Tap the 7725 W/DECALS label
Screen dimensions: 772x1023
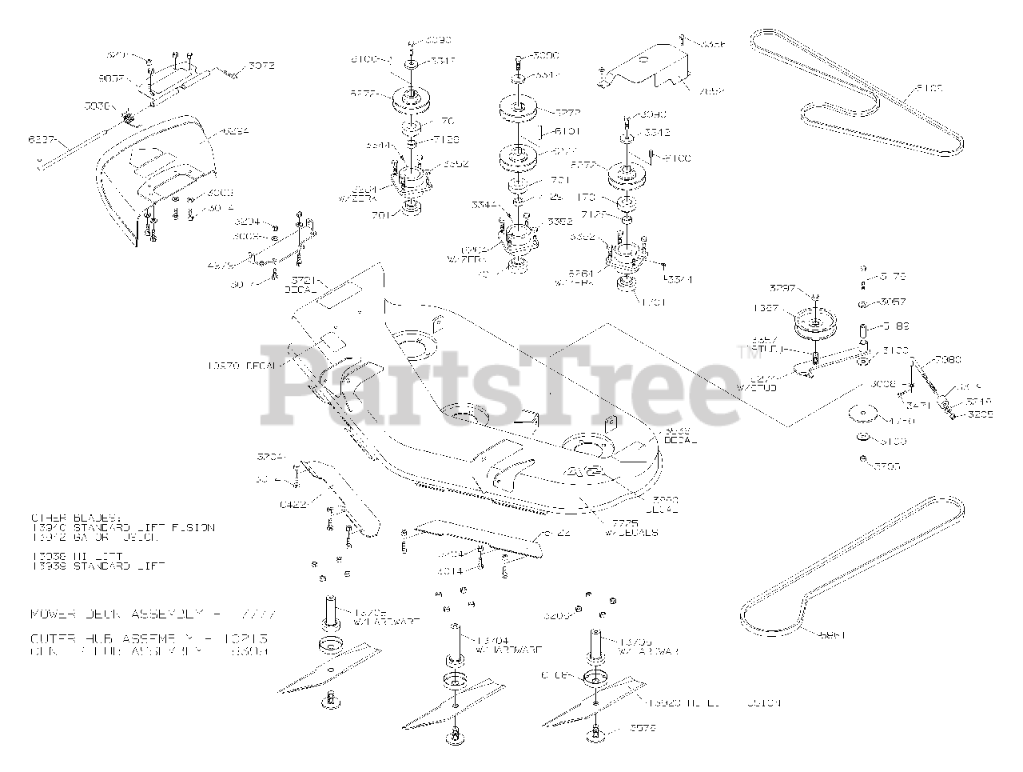(631, 527)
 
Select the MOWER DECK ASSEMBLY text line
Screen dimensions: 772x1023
(152, 614)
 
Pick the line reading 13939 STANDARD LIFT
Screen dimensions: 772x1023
(98, 566)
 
